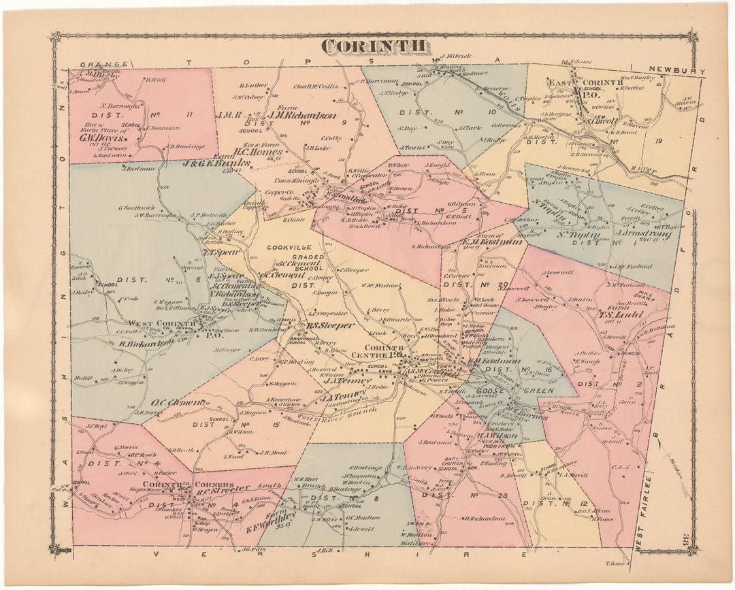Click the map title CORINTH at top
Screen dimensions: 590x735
tap(375, 46)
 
